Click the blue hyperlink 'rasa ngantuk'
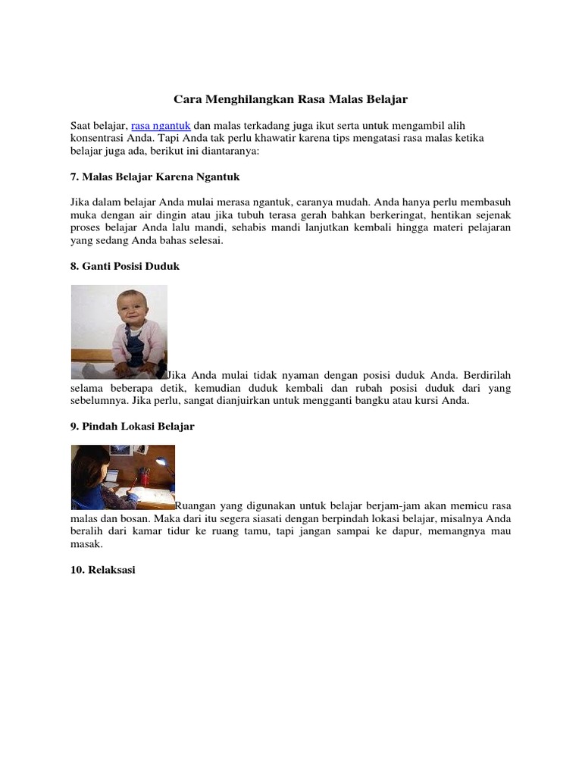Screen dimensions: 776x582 [161, 124]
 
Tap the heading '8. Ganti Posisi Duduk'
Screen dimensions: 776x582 [125, 266]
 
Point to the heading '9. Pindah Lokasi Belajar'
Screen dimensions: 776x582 [133, 427]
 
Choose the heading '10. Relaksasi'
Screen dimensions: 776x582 [102, 569]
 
